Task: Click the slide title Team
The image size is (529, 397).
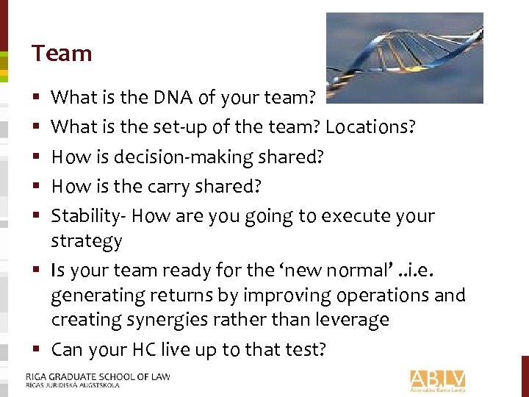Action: (62, 54)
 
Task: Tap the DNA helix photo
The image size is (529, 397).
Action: (404, 57)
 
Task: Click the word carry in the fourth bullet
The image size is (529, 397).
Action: (171, 187)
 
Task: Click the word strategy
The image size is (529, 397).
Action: (86, 241)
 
